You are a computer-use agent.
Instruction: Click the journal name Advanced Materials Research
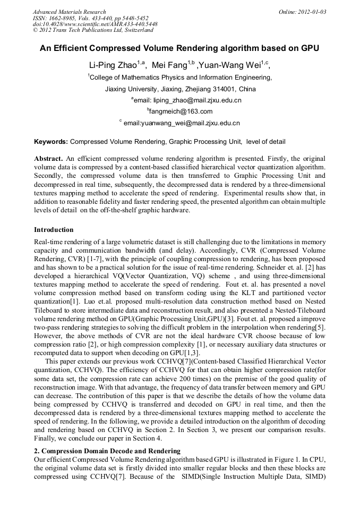point(69,12)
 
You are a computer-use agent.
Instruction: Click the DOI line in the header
point(95,24)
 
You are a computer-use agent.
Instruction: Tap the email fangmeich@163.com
point(181,111)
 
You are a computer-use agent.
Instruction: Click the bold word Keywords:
point(51,142)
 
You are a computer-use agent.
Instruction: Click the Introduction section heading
point(54,230)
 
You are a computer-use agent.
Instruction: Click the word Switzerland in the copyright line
point(138,30)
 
